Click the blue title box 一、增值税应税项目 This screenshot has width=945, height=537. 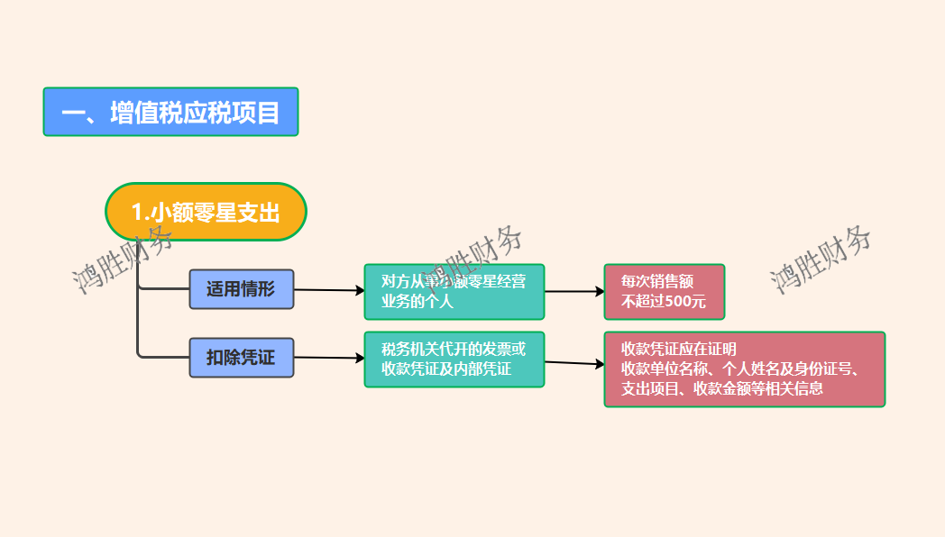point(170,112)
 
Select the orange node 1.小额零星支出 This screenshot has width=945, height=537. point(206,212)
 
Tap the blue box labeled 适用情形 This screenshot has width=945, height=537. point(241,289)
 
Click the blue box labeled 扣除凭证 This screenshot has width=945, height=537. point(241,357)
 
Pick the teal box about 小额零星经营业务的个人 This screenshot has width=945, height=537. point(454,291)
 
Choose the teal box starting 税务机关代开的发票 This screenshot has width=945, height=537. point(454,359)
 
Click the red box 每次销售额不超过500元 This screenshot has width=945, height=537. point(664,291)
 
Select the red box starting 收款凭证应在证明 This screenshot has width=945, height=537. point(744,369)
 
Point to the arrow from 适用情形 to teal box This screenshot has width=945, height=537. point(329,290)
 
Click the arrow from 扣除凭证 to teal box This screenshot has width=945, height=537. point(329,358)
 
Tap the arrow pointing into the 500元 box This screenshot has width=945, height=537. point(574,291)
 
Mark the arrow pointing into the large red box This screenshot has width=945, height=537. point(574,363)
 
